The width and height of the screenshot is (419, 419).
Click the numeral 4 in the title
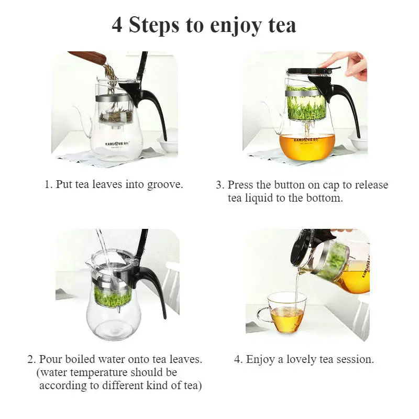tap(117, 25)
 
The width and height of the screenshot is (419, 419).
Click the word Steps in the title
tap(154, 25)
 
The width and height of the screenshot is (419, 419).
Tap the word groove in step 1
tap(165, 185)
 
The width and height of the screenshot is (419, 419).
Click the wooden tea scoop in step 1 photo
tap(87, 57)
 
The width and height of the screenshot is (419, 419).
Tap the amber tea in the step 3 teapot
tap(307, 147)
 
